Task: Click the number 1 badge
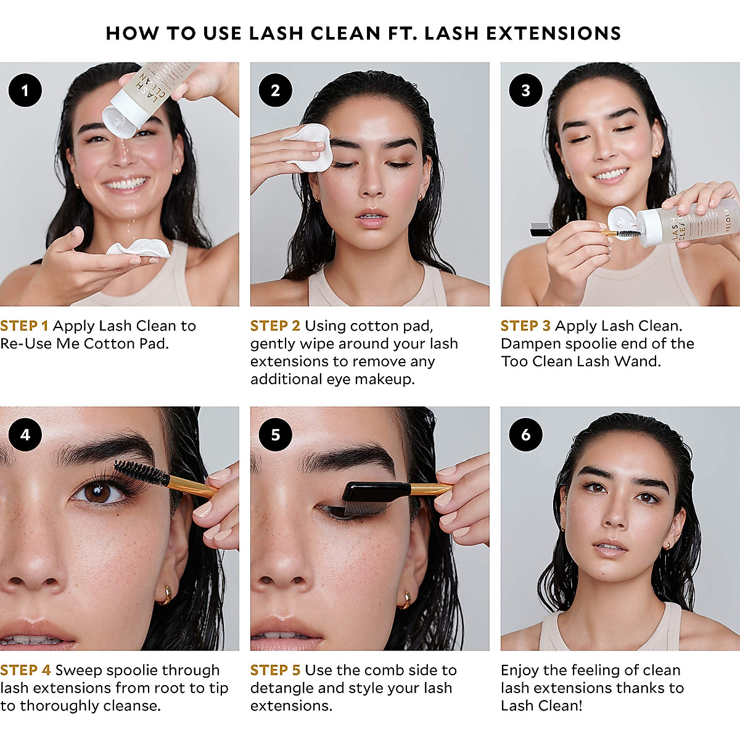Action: [x=25, y=91]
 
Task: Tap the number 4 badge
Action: [x=25, y=435]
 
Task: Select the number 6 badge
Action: [x=525, y=435]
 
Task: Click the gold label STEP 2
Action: [x=275, y=326]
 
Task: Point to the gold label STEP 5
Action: [x=275, y=670]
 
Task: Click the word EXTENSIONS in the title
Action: [x=553, y=33]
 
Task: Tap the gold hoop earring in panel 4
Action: [x=165, y=595]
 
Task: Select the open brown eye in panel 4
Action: [x=97, y=493]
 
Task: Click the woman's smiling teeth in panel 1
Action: [x=126, y=184]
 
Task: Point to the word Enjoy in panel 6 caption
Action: [x=520, y=670]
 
